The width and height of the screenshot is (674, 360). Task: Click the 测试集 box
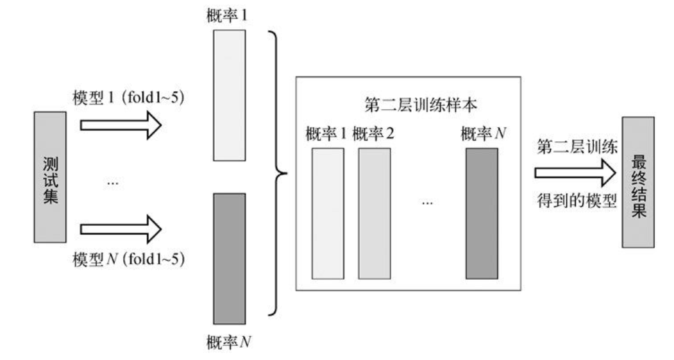pos(50,177)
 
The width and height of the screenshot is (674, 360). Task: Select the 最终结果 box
pos(637,182)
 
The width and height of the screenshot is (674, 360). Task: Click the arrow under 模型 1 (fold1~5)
pos(121,124)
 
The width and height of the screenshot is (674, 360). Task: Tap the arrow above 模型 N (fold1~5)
pos(121,229)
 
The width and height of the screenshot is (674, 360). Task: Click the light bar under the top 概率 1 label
pos(229,94)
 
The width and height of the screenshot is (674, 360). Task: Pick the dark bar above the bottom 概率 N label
pos(229,259)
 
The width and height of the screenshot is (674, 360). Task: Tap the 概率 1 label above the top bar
pos(229,14)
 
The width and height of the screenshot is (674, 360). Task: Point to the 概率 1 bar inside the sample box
pos(328,214)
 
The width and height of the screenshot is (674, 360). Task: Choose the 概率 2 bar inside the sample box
pos(373,214)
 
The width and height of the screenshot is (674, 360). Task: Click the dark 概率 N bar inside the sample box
pos(482,214)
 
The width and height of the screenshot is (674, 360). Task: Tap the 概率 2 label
pos(373,134)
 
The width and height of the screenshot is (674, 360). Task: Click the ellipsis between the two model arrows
pos(113,183)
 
